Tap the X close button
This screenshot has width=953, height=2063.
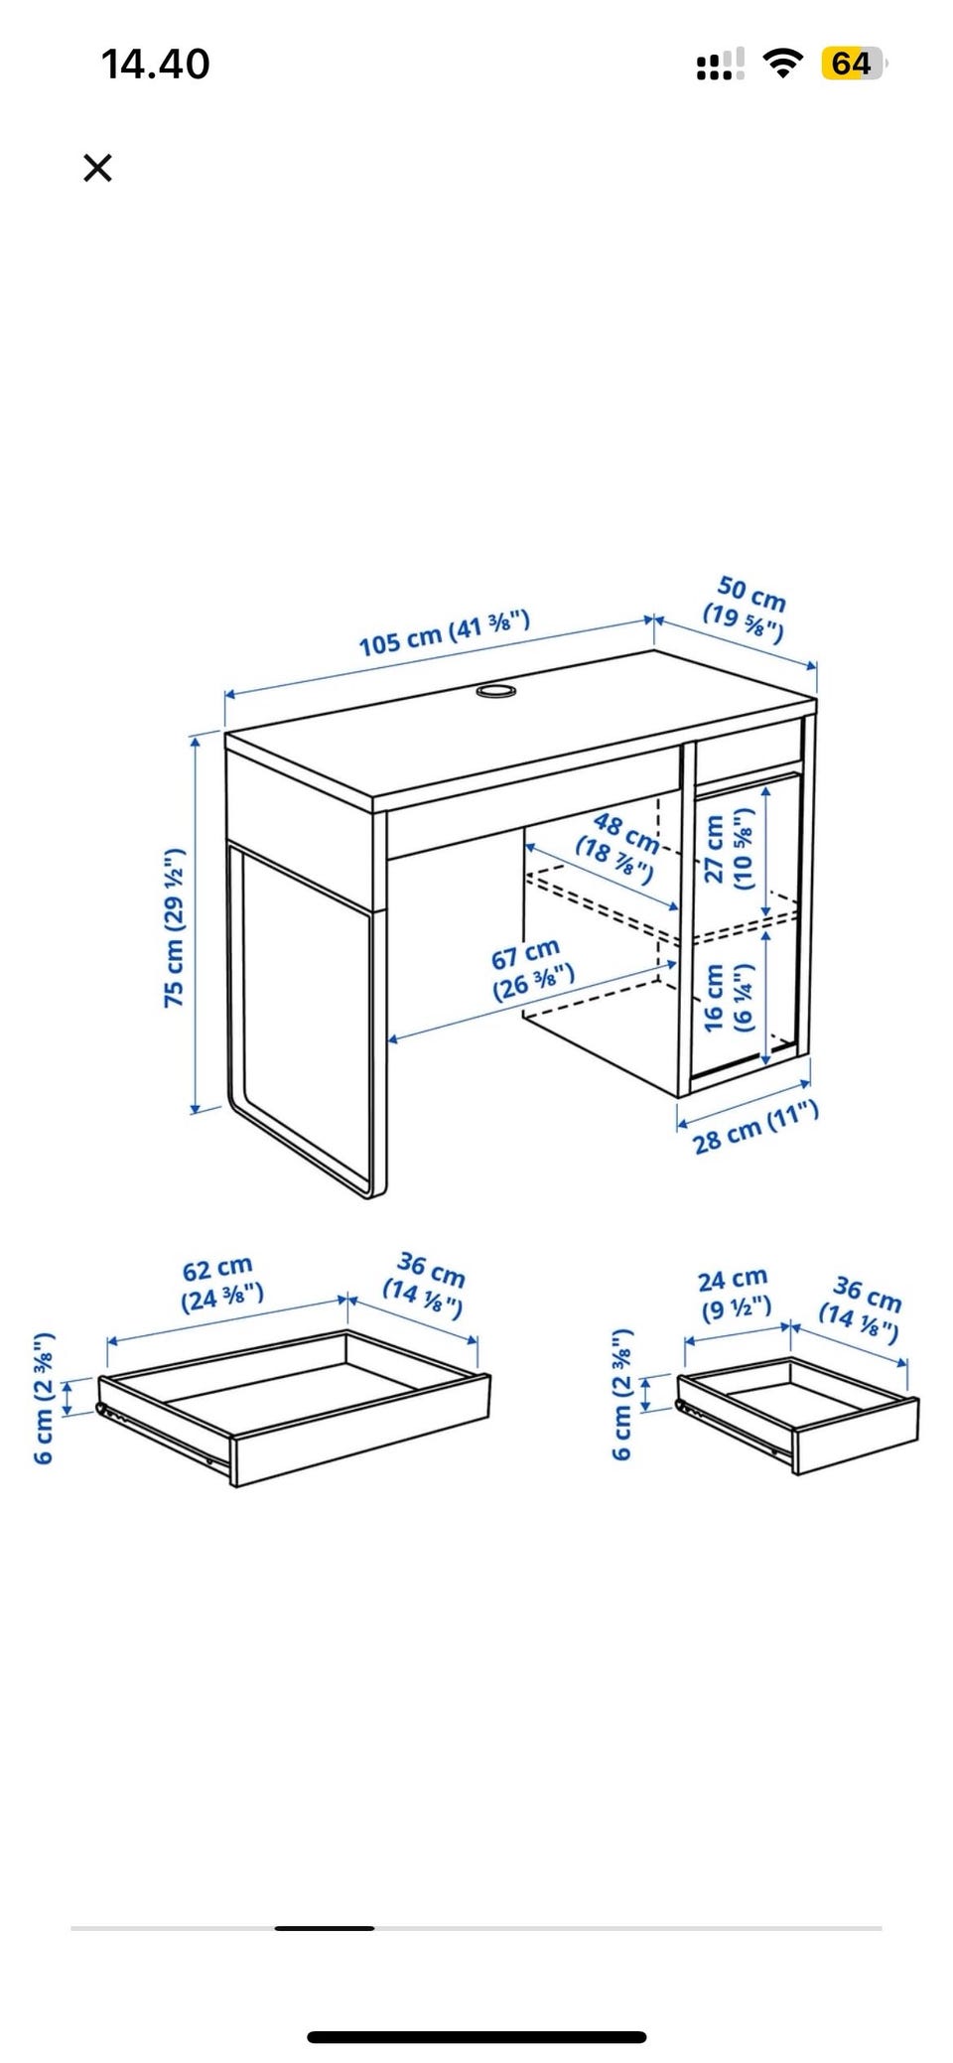point(97,168)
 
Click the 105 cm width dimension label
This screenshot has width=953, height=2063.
point(445,633)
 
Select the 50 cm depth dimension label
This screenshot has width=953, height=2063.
point(746,608)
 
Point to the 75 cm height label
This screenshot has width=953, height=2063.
point(175,927)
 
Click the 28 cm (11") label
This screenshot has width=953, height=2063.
point(755,1128)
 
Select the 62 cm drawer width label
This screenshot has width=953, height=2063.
point(221,1283)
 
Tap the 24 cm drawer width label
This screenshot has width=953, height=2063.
point(735,1293)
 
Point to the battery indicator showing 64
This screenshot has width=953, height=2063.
point(853,64)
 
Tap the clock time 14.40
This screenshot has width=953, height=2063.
point(156,65)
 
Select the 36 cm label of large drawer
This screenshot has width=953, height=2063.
point(426,1283)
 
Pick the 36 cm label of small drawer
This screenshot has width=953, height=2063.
point(861,1308)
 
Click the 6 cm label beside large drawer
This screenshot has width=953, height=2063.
point(44,1398)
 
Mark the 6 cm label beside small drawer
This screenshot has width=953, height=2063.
point(622,1393)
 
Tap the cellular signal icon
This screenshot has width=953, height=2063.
point(721,65)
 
